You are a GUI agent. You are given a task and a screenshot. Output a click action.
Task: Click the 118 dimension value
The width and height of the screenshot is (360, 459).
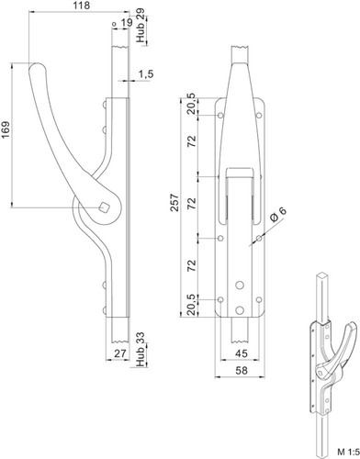pos(82,6)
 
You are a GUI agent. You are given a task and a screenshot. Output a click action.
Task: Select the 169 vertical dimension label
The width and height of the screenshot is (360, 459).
pos(6,129)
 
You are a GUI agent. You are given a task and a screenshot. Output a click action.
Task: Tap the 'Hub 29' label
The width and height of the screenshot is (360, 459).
pos(141,26)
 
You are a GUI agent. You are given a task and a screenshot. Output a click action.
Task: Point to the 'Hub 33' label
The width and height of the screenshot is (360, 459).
pos(141,350)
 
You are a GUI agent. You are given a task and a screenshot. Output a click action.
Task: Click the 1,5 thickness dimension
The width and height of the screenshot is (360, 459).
pos(146,74)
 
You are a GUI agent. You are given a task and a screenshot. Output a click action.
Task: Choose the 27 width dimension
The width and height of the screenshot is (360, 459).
pos(119,353)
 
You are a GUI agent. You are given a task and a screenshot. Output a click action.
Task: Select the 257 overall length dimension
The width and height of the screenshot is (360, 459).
pos(174,202)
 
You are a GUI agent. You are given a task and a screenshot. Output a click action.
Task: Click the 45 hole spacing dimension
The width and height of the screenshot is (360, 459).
pos(242,353)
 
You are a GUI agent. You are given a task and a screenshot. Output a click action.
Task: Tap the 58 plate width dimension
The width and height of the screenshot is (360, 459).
pos(242,370)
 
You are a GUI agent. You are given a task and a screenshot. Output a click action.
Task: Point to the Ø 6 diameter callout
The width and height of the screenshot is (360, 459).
pos(278,214)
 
